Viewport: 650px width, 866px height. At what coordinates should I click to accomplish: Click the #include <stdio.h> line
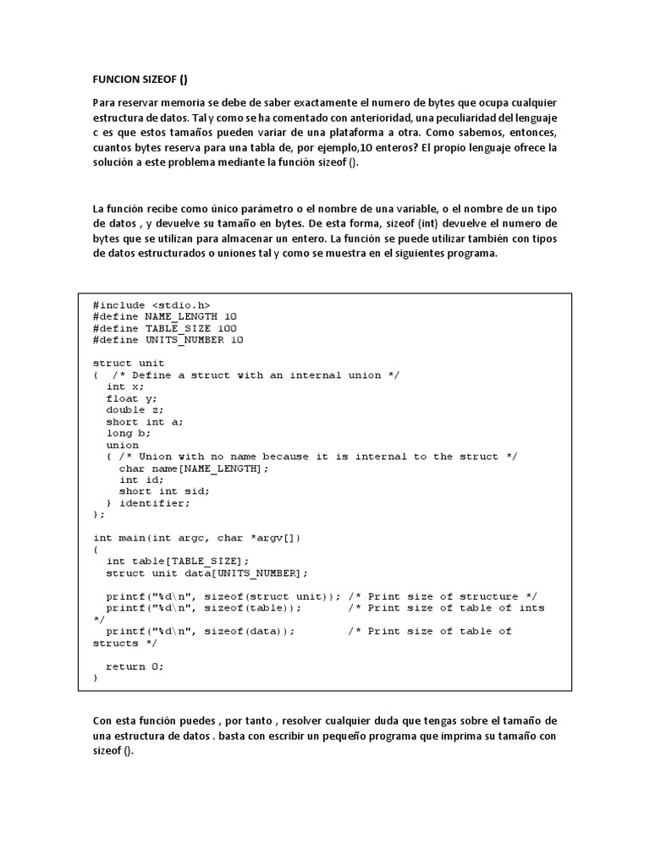click(x=151, y=304)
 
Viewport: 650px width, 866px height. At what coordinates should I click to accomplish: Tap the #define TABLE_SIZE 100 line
click(x=165, y=328)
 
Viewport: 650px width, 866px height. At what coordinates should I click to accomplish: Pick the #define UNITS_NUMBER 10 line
click(x=168, y=340)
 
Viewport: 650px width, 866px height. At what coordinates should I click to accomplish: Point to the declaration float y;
click(x=131, y=398)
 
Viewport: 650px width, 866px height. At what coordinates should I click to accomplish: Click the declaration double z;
click(x=135, y=410)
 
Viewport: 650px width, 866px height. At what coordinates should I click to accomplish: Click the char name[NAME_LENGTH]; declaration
click(x=194, y=469)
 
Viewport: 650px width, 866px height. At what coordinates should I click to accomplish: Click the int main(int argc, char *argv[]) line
click(x=196, y=538)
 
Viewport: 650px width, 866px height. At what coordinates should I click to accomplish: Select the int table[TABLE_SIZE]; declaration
click(x=178, y=562)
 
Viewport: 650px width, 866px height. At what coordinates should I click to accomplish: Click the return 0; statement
click(x=135, y=666)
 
